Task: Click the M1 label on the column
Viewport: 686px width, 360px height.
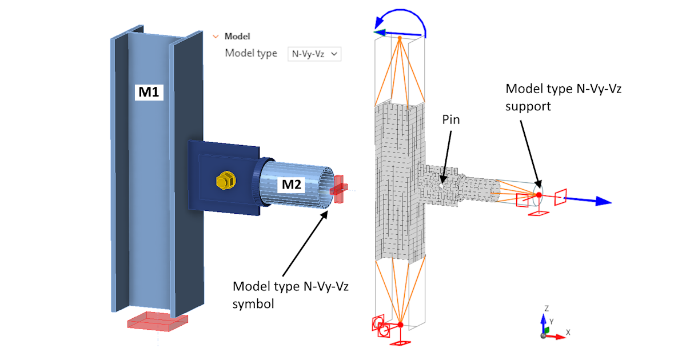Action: [149, 91]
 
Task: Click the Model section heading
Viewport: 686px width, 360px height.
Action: [237, 36]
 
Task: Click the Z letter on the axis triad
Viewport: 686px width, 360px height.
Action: [547, 308]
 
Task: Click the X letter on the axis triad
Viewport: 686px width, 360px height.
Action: [568, 331]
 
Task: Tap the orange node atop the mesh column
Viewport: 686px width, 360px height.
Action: [400, 38]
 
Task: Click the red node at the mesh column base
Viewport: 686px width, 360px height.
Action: [401, 325]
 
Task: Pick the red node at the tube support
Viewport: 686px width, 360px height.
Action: [539, 195]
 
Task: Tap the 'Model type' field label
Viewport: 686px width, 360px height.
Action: [250, 53]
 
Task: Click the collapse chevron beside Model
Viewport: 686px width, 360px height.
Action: [216, 36]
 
